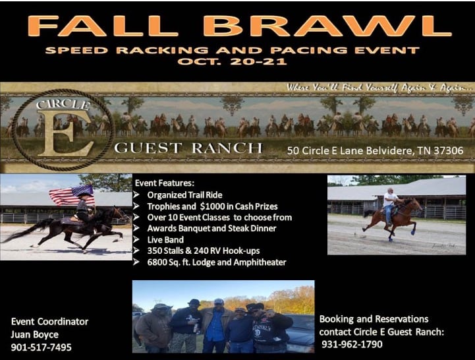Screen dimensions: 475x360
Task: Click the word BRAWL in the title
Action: click(x=327, y=26)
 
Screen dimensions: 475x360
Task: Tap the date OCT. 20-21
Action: click(x=232, y=61)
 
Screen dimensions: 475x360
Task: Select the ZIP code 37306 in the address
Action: click(x=449, y=150)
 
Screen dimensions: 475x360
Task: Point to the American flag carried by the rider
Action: click(x=72, y=195)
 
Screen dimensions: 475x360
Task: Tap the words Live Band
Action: click(x=165, y=239)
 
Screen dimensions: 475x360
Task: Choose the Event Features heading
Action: click(x=165, y=183)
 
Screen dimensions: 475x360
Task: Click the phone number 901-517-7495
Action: click(x=42, y=347)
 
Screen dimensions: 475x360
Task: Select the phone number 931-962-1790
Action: click(x=352, y=344)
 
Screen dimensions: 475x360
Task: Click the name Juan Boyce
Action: click(x=35, y=334)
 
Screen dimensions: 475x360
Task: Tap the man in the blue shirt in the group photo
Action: click(x=215, y=326)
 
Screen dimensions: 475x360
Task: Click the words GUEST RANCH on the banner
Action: click(x=188, y=148)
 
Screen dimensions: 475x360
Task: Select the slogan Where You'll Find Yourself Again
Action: click(x=378, y=88)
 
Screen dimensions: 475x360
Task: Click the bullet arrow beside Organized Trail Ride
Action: click(x=136, y=195)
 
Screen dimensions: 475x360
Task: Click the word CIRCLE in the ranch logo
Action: click(x=63, y=105)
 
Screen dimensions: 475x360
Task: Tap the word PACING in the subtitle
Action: click(x=309, y=50)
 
